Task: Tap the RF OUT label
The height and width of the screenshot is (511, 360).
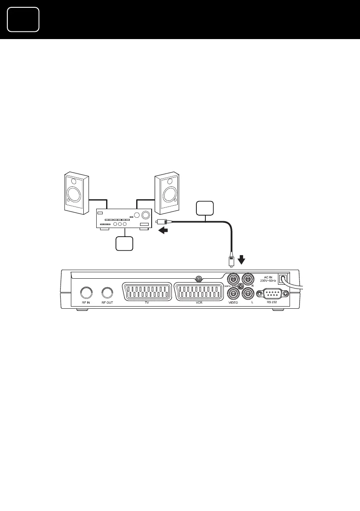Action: pyautogui.click(x=107, y=303)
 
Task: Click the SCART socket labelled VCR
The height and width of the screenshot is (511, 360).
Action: pyautogui.click(x=198, y=292)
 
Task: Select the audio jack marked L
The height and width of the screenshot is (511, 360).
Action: pyautogui.click(x=248, y=294)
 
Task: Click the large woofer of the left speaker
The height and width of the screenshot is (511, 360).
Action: pyautogui.click(x=73, y=194)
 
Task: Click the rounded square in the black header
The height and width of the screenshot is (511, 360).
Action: pyautogui.click(x=23, y=19)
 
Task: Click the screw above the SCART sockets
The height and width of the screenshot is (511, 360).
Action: pyautogui.click(x=198, y=278)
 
